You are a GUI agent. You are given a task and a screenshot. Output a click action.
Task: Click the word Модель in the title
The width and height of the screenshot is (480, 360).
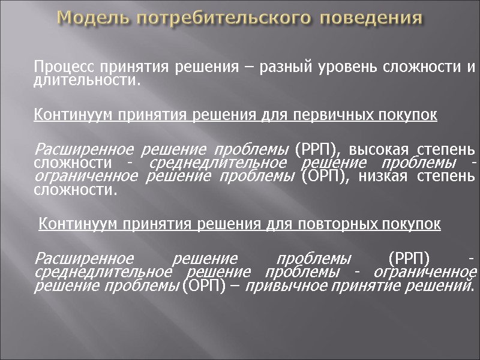click(93, 17)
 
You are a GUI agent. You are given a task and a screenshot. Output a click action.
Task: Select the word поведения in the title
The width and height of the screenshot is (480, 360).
click(371, 17)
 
